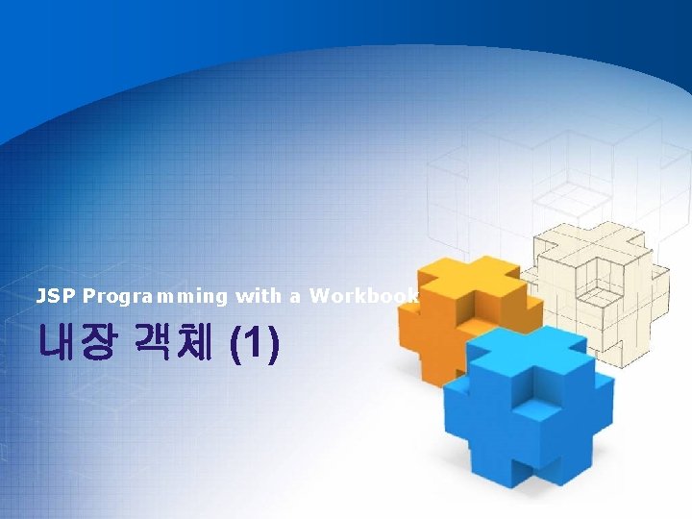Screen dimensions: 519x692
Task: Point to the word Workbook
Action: click(x=364, y=296)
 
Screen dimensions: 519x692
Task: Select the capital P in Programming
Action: click(x=87, y=296)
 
